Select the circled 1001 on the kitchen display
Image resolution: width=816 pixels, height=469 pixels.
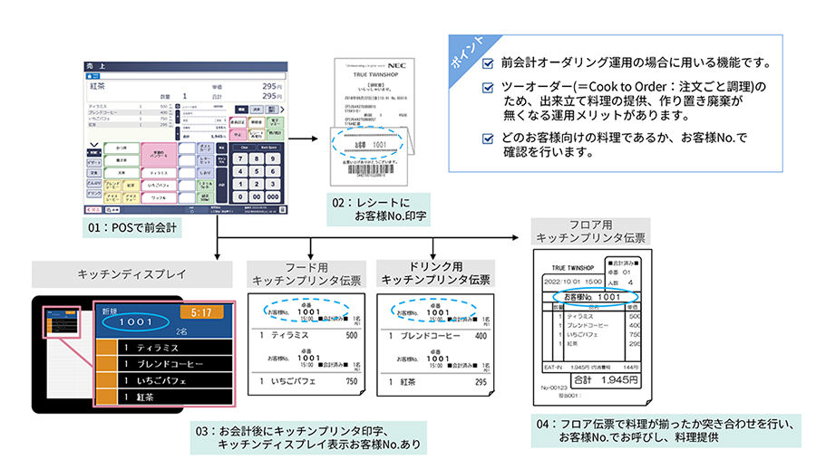click(133, 321)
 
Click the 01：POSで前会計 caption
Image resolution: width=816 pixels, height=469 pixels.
click(131, 225)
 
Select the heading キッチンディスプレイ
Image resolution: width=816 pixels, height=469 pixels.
click(121, 271)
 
